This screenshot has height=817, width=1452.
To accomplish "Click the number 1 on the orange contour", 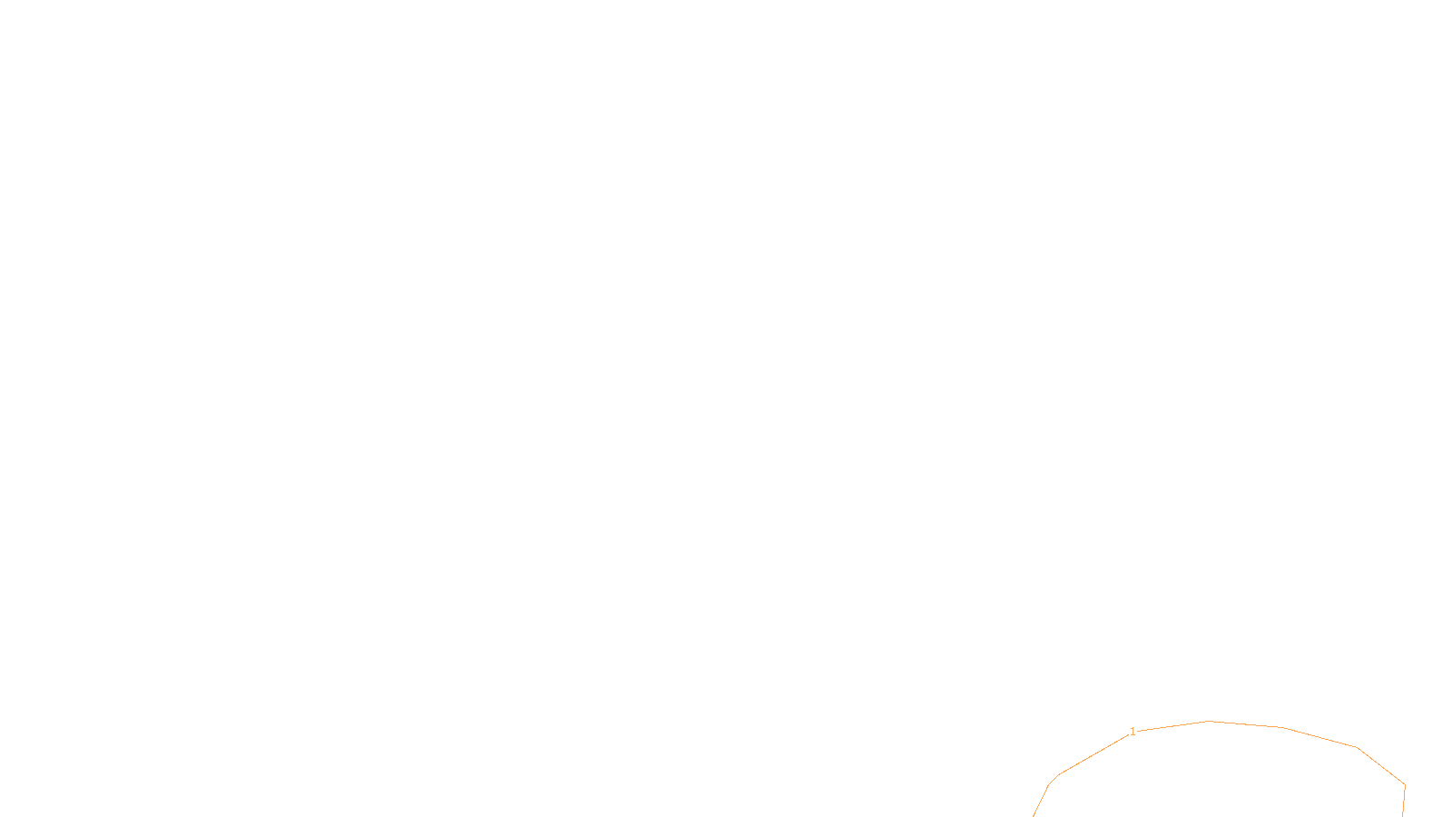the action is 1133,732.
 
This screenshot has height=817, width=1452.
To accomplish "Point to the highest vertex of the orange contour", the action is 1209,722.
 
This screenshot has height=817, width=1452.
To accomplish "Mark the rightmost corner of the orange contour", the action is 1405,785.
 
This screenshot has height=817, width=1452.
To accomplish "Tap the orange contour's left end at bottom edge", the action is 1034,815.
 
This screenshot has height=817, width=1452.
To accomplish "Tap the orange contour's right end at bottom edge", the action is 1403,815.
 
